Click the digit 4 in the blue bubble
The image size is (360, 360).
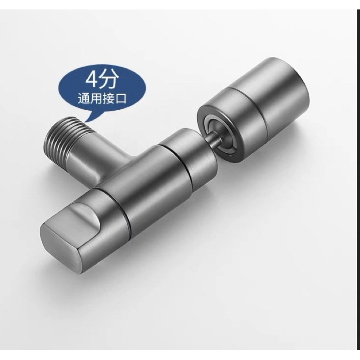point(92,80)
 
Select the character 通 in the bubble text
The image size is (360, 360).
point(84,99)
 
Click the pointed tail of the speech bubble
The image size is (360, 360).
point(86,119)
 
